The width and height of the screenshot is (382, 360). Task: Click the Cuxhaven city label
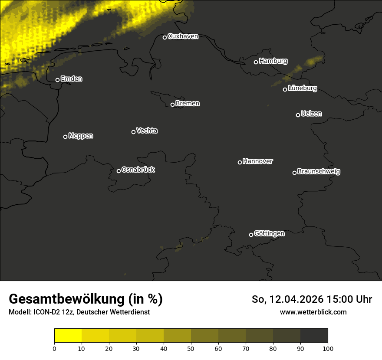tap(183, 36)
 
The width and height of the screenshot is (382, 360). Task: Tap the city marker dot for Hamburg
tap(256, 62)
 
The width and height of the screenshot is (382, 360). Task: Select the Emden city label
tap(71, 79)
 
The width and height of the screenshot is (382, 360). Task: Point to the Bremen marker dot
tap(172, 105)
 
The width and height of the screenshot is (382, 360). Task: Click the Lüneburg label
tap(302, 88)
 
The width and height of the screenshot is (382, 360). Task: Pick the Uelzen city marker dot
tap(298, 115)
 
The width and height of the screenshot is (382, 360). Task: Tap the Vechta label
tap(147, 131)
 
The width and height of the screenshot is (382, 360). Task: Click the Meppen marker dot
tap(65, 137)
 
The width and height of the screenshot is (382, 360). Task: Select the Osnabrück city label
tap(138, 170)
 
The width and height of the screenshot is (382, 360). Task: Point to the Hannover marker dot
tap(240, 162)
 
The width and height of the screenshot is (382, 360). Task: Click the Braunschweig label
tap(319, 172)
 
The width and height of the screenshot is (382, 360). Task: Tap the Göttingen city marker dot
tap(251, 235)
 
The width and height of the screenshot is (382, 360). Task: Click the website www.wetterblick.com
tap(313, 312)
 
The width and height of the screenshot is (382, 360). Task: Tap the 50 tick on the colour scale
tap(191, 348)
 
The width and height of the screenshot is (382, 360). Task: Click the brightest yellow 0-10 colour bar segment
tap(68, 335)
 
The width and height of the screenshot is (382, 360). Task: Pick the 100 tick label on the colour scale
tap(328, 348)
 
